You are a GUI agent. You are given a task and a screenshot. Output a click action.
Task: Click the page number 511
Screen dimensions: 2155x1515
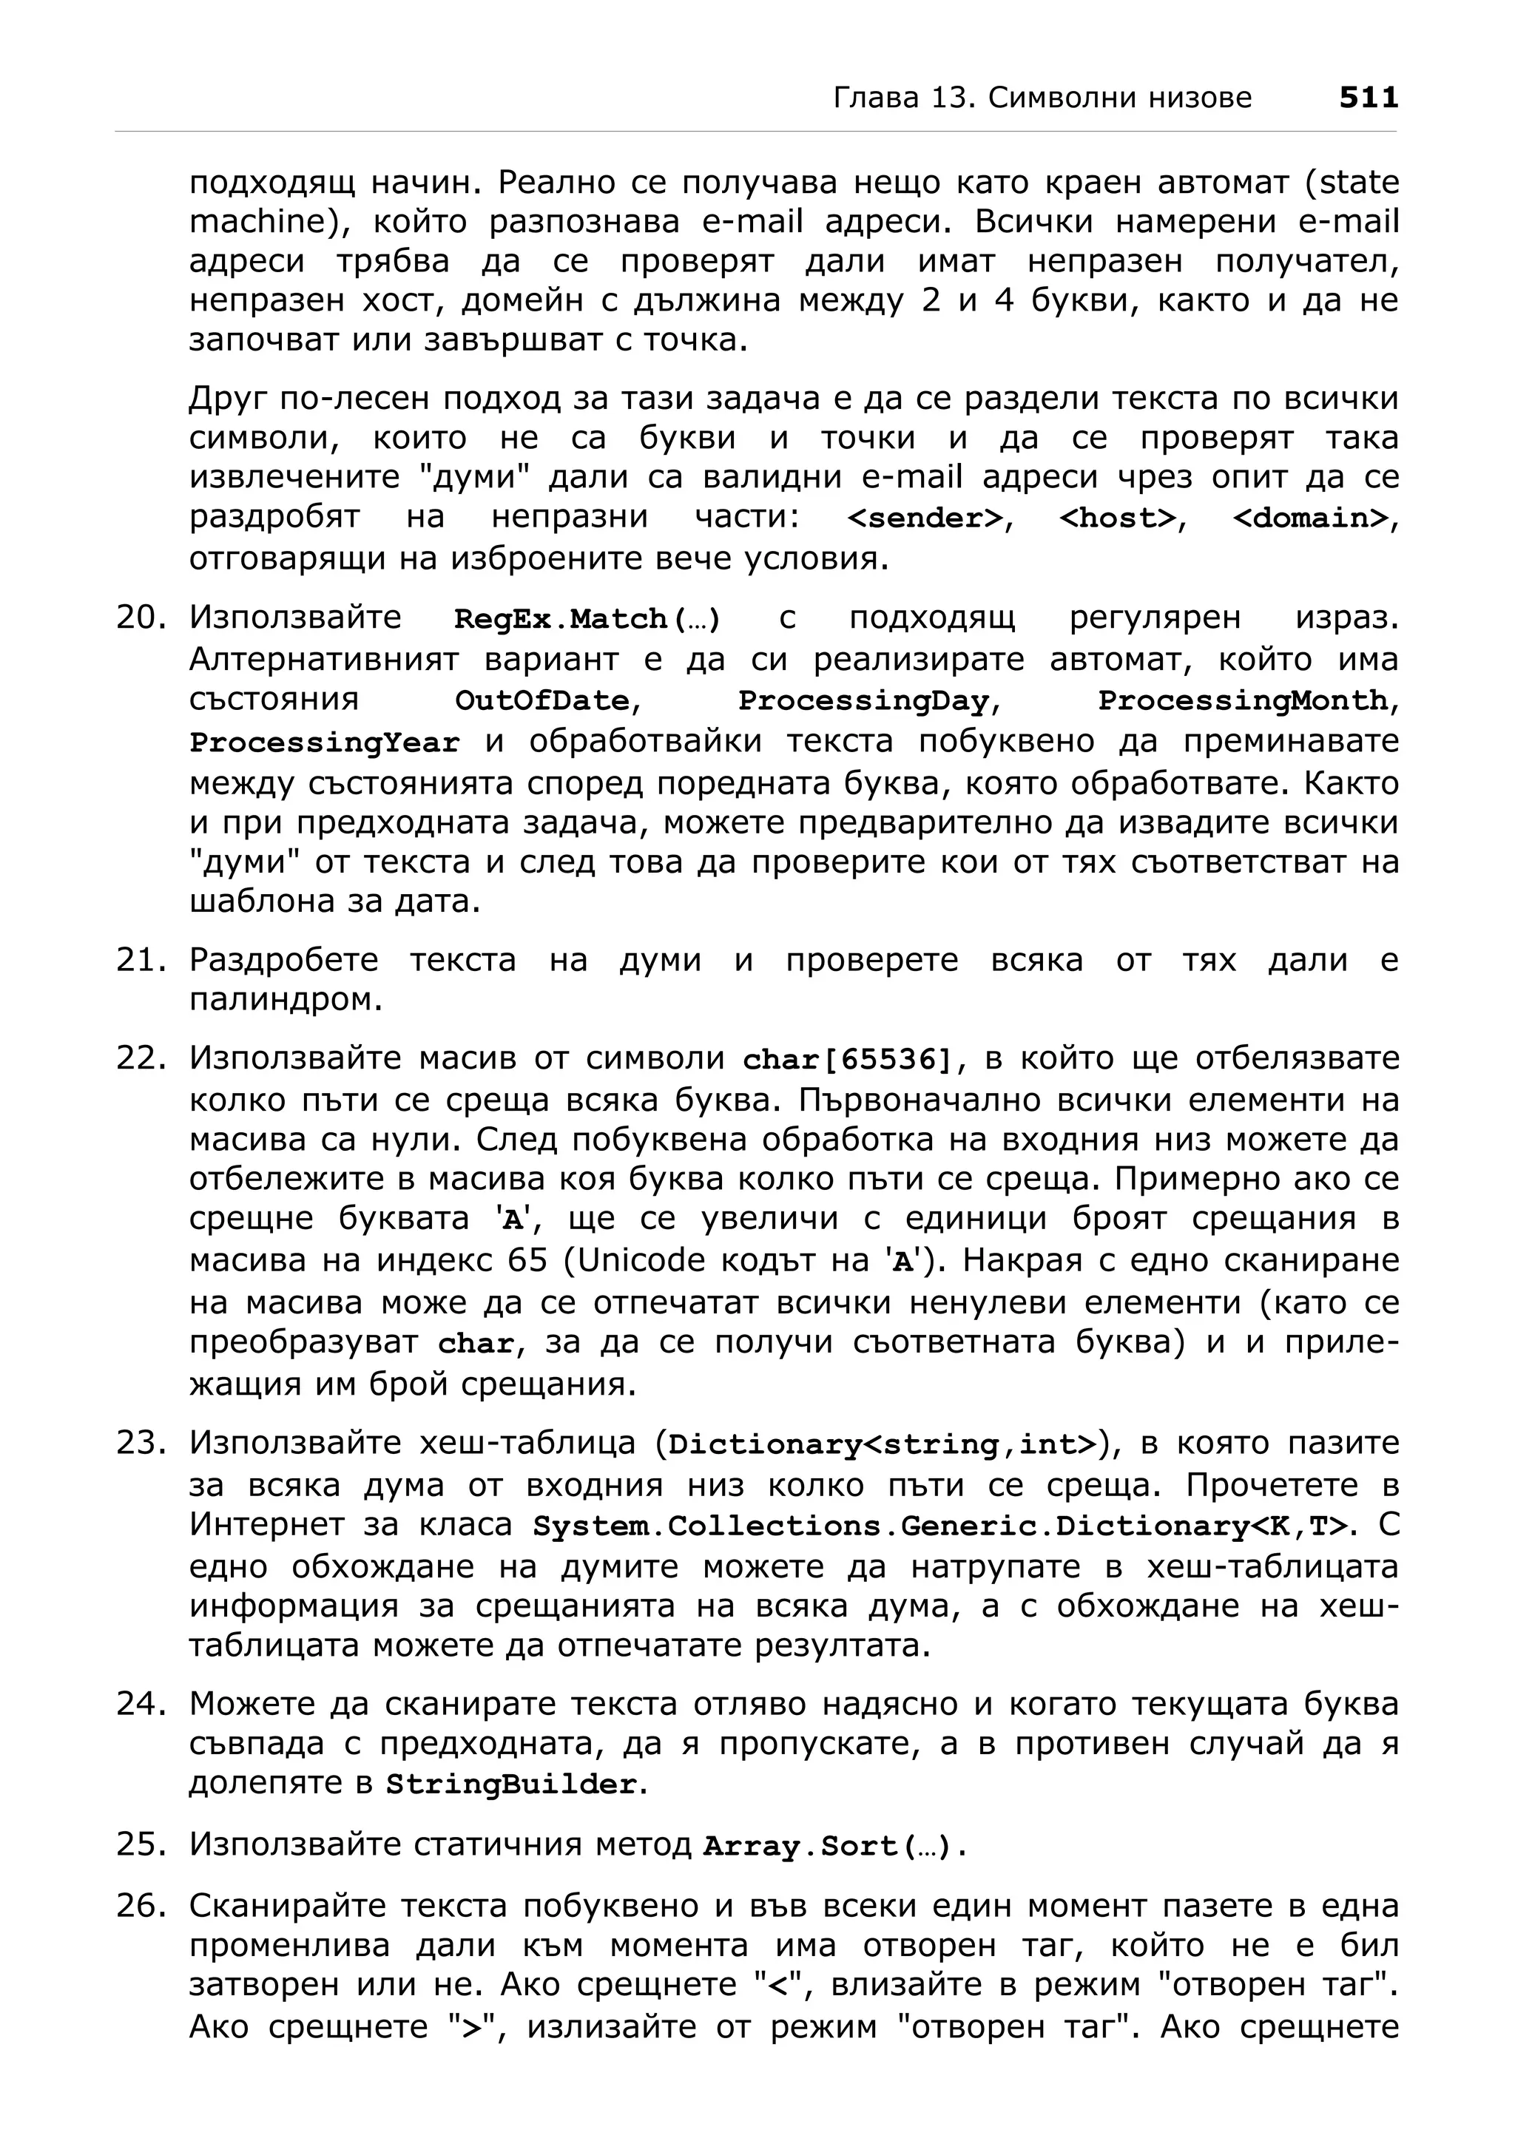[x=1368, y=98]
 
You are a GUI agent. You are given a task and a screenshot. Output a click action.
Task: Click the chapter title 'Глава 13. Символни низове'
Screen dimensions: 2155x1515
[x=1042, y=98]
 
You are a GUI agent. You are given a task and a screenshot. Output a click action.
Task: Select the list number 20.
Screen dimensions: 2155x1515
[x=140, y=618]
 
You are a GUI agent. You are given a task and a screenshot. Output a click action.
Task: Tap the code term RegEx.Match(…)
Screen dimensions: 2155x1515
[x=587, y=620]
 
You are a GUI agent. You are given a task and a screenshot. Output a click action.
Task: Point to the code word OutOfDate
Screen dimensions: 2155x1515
[x=541, y=701]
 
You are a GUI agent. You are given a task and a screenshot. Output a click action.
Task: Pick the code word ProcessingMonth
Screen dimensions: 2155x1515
[x=1243, y=701]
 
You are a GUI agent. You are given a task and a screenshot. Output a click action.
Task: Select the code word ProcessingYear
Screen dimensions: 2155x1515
[x=324, y=742]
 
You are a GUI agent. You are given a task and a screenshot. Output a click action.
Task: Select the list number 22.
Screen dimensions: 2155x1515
[x=140, y=1058]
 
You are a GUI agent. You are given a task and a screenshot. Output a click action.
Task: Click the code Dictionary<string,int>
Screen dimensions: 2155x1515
[x=881, y=1444]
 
